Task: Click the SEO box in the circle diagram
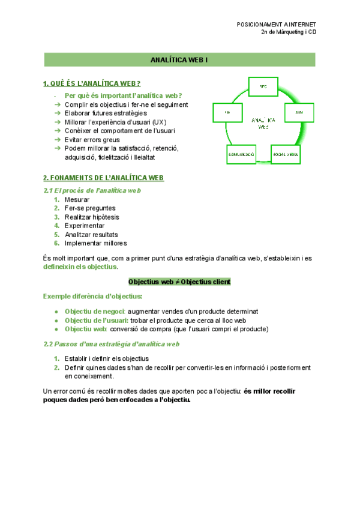(263, 86)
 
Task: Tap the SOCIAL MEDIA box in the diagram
(286, 154)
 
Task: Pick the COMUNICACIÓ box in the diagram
(241, 154)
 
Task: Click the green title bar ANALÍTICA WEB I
(180, 60)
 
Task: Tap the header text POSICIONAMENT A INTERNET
(277, 25)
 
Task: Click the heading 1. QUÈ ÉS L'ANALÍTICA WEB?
(92, 83)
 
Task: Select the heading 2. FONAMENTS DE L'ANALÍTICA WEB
(103, 178)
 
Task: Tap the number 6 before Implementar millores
(56, 243)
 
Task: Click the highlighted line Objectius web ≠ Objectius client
(179, 282)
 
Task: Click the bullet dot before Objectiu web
(56, 329)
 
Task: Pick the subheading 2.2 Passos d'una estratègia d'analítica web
(112, 344)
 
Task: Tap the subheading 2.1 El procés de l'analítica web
(92, 190)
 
